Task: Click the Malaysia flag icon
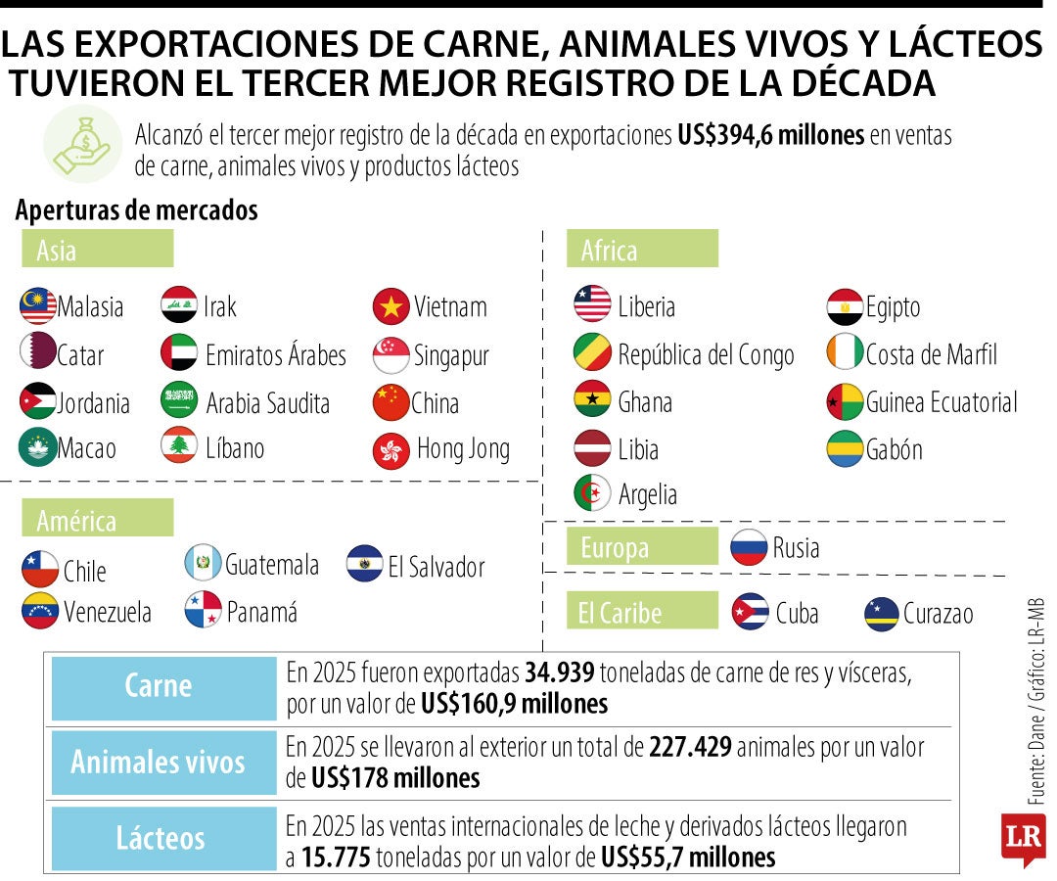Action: tap(38, 306)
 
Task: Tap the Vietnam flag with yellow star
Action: tap(391, 306)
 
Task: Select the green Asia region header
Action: tap(98, 250)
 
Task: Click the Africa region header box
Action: tap(642, 250)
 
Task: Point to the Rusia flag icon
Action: tap(749, 547)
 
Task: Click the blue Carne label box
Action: tap(163, 687)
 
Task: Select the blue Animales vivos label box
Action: tap(163, 762)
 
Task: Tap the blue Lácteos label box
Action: tap(163, 838)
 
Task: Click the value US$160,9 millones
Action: tap(515, 704)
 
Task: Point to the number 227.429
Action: tap(690, 749)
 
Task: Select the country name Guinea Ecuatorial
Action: tap(942, 402)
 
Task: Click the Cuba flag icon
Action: tap(751, 613)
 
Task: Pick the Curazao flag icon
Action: tap(882, 614)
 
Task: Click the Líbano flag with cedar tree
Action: tap(180, 447)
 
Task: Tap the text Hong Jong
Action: tap(463, 449)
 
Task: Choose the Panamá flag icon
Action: tap(204, 611)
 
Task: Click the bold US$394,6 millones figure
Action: tap(770, 136)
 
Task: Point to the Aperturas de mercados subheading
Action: tap(137, 209)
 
